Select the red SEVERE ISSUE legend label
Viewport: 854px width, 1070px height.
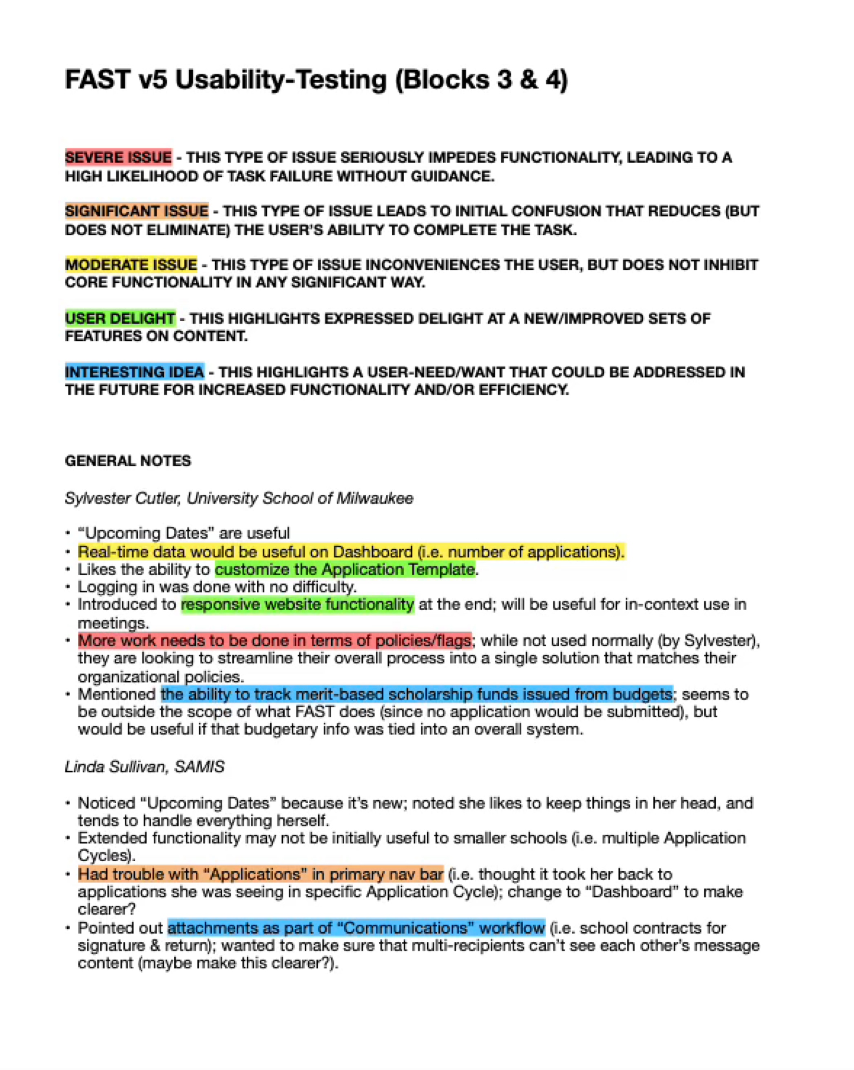[x=118, y=157]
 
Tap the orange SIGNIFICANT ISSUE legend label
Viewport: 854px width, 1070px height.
[x=137, y=211]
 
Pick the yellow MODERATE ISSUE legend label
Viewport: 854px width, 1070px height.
[x=131, y=265]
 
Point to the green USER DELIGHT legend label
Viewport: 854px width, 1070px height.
[x=120, y=318]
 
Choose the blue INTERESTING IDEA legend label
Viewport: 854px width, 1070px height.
[x=135, y=372]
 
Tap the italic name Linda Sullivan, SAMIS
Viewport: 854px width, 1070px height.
[x=144, y=767]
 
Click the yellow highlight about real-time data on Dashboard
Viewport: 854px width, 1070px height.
[x=351, y=552]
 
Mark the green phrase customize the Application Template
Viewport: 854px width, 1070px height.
[x=345, y=569]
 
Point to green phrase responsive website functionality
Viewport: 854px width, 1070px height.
[x=297, y=604]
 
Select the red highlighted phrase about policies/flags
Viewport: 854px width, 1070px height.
[x=274, y=641]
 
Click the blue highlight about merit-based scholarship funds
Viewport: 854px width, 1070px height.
[x=417, y=694]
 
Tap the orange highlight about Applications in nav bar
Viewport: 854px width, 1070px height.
[x=261, y=874]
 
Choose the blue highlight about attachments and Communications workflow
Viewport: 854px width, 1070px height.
[x=356, y=928]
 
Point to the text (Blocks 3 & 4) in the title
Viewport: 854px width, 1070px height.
[x=481, y=80]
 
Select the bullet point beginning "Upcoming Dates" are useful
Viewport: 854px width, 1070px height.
[x=184, y=533]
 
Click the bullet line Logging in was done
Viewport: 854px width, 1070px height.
[x=217, y=587]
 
